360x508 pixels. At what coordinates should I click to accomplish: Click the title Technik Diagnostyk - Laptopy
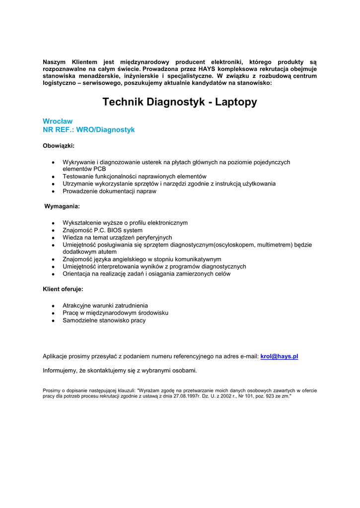click(180, 102)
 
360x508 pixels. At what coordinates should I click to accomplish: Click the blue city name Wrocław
click(58, 121)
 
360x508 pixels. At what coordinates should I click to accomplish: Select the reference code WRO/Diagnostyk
click(105, 129)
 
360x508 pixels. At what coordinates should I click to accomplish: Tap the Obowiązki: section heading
click(59, 146)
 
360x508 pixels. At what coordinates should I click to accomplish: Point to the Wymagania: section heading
click(62, 206)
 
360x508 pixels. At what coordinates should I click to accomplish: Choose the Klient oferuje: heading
click(63, 289)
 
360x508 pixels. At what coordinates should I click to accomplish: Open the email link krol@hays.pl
click(279, 356)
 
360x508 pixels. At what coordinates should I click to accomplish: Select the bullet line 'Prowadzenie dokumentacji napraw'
click(109, 191)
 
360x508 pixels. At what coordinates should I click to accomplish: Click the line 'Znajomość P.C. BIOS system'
click(102, 230)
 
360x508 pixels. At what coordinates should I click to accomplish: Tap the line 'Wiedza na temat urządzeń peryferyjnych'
click(117, 238)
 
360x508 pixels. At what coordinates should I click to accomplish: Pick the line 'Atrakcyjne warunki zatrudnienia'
click(105, 306)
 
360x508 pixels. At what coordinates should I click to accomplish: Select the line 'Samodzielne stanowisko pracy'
click(104, 320)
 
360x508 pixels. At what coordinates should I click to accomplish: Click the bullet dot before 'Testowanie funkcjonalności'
click(53, 177)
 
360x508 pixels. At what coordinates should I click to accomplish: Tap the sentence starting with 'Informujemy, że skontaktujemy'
click(120, 370)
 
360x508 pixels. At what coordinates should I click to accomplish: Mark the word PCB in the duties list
click(99, 169)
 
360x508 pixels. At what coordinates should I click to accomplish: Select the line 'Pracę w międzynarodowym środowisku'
click(115, 313)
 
